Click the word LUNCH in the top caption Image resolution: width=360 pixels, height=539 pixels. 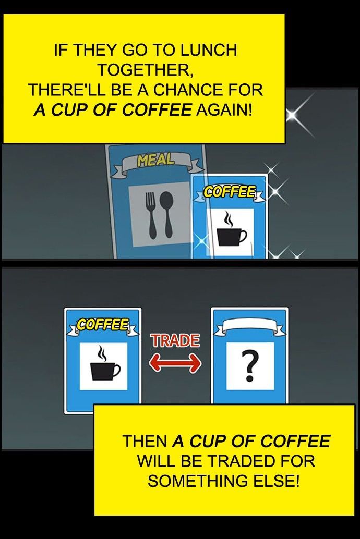(x=209, y=50)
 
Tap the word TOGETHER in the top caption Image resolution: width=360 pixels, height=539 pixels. (x=145, y=70)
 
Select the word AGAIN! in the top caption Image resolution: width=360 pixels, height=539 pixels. (x=224, y=110)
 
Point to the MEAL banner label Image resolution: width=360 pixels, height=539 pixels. (x=156, y=160)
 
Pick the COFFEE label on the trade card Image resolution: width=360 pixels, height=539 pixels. (x=103, y=324)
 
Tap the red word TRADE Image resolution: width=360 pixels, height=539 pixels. (x=175, y=341)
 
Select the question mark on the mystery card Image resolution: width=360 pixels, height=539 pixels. (x=250, y=366)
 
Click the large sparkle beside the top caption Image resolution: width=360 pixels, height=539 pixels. (x=293, y=115)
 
